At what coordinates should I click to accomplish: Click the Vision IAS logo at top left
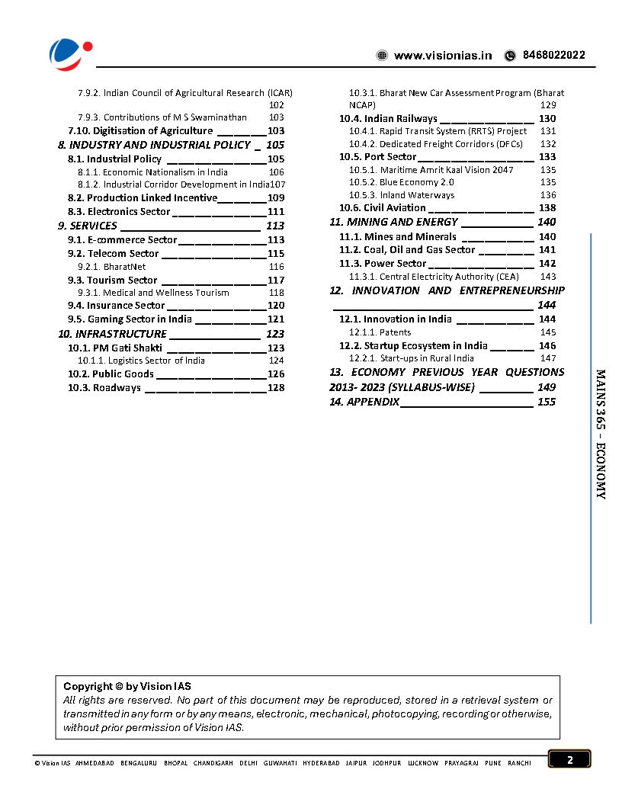(70, 53)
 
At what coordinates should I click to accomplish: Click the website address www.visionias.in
(443, 56)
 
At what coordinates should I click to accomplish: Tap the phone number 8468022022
(554, 56)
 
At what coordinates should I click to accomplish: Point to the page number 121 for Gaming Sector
(275, 319)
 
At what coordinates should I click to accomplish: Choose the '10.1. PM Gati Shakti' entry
(114, 348)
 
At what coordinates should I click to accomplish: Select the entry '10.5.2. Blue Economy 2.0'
(401, 183)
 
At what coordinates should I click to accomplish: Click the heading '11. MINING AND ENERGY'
(393, 222)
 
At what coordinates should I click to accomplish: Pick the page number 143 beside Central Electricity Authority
(547, 277)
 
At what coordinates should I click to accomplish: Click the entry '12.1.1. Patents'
(380, 332)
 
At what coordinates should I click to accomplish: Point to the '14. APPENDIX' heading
(364, 402)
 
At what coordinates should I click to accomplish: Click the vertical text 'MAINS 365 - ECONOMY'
(601, 435)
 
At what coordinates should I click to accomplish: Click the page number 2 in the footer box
(569, 759)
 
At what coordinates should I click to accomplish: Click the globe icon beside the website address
(382, 56)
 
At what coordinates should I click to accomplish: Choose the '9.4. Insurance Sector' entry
(116, 306)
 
